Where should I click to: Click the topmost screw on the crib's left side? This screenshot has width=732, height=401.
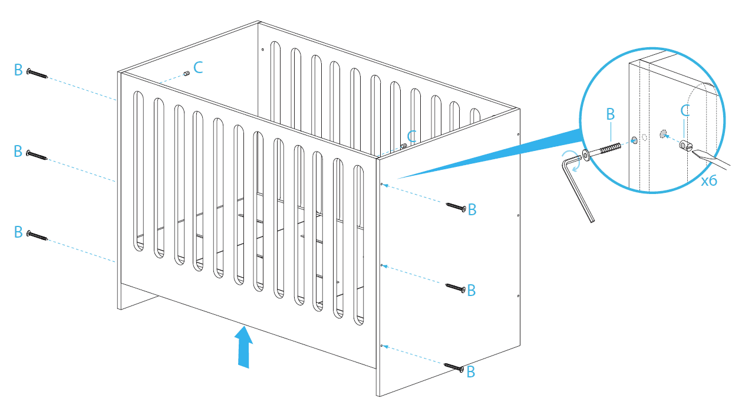pyautogui.click(x=37, y=74)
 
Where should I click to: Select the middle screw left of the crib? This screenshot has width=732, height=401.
pyautogui.click(x=37, y=155)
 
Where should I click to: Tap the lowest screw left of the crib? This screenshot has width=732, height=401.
pyautogui.click(x=37, y=235)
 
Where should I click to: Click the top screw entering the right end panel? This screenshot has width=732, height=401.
pyautogui.click(x=456, y=206)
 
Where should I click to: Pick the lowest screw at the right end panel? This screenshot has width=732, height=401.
pyautogui.click(x=456, y=367)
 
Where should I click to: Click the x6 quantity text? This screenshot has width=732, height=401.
pyautogui.click(x=709, y=181)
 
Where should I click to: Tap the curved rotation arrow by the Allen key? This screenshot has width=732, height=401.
pyautogui.click(x=570, y=160)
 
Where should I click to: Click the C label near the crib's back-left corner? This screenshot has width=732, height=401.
pyautogui.click(x=198, y=67)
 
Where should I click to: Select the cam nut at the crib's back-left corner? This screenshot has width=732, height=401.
pyautogui.click(x=186, y=74)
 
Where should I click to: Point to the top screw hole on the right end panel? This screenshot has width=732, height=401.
pyautogui.click(x=382, y=185)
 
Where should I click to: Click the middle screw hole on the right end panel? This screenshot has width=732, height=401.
pyautogui.click(x=382, y=265)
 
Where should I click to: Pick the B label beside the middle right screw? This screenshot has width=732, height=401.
pyautogui.click(x=471, y=291)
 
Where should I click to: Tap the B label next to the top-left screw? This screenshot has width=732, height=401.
pyautogui.click(x=18, y=71)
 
